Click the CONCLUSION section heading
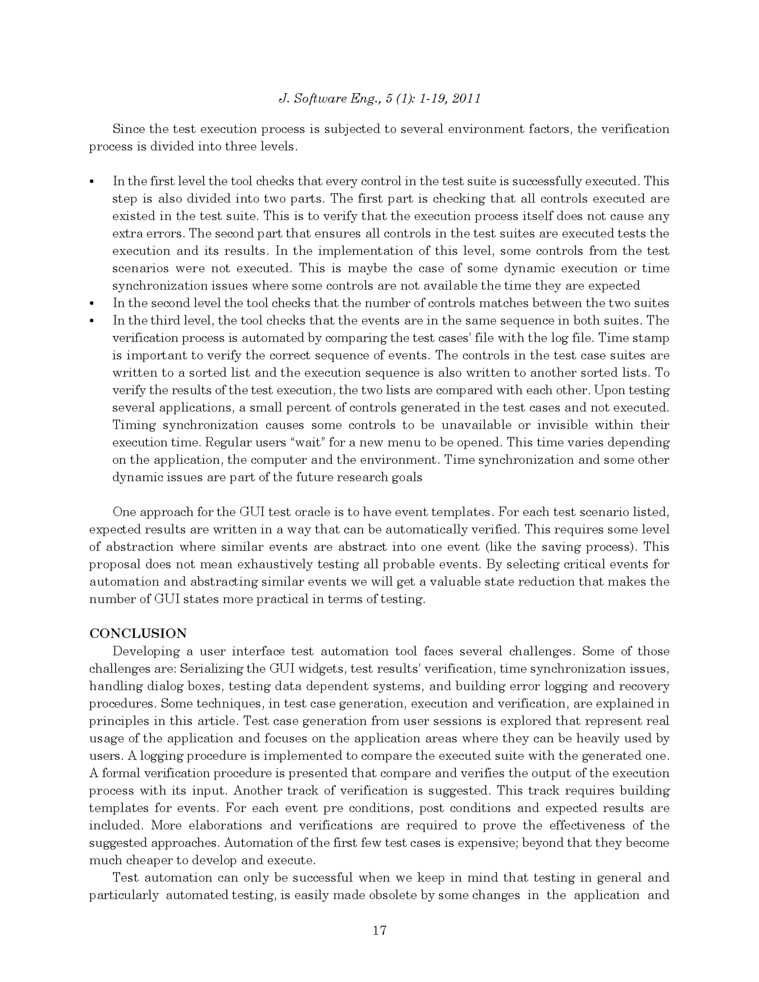(x=137, y=634)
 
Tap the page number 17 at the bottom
(x=379, y=930)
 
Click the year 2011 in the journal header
(x=466, y=99)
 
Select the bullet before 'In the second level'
(x=92, y=304)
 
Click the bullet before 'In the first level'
(x=92, y=182)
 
